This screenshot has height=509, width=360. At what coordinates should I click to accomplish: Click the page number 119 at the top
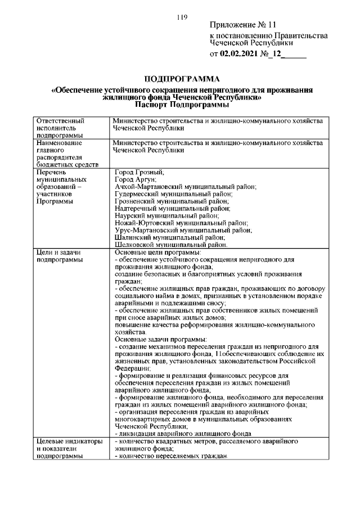(181, 17)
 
